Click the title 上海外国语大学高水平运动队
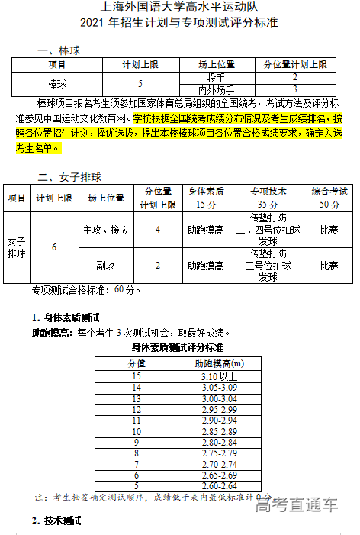point(179,8)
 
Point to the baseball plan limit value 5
point(140,83)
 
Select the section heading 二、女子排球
point(69,177)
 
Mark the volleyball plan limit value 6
point(53,247)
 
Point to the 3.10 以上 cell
point(220,376)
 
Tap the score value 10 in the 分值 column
point(137,431)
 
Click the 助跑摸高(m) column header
point(220,363)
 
